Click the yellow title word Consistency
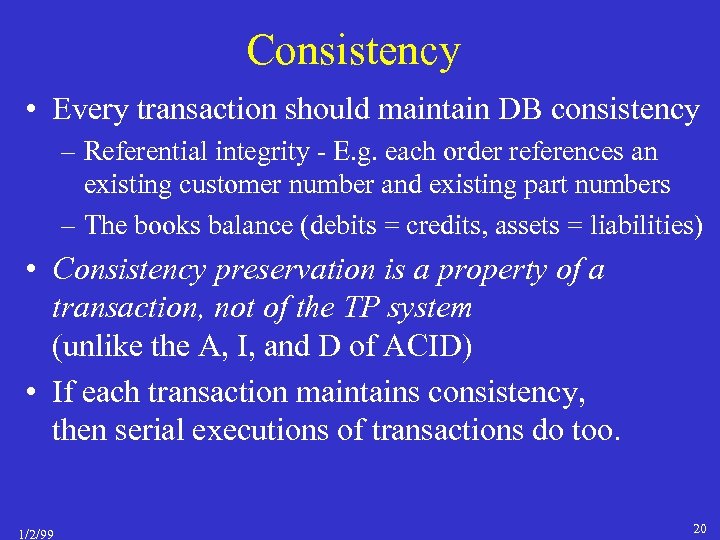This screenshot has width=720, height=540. [353, 50]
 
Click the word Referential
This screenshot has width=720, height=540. [145, 153]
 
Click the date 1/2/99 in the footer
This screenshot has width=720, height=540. [35, 533]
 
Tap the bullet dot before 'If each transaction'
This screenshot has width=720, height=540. [34, 393]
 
